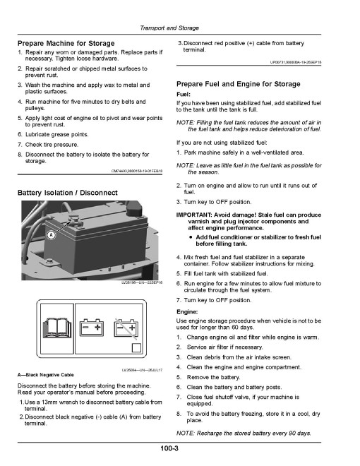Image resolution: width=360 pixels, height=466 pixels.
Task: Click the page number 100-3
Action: (x=169, y=448)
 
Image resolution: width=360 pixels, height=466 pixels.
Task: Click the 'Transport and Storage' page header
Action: (x=169, y=28)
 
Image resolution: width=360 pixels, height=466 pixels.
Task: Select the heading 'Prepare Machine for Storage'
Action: (x=66, y=43)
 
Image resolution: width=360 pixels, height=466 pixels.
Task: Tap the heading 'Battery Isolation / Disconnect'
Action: (x=68, y=193)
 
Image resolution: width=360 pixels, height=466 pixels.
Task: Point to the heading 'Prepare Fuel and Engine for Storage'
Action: (x=238, y=84)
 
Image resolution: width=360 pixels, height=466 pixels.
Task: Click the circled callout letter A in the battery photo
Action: (x=52, y=235)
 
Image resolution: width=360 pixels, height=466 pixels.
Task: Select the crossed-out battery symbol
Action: (x=126, y=328)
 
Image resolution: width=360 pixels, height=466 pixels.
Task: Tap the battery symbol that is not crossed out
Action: (x=92, y=328)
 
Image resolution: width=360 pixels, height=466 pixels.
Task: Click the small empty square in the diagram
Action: (x=136, y=347)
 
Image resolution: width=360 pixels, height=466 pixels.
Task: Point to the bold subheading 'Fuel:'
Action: (x=184, y=95)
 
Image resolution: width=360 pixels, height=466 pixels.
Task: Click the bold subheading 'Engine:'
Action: (x=187, y=312)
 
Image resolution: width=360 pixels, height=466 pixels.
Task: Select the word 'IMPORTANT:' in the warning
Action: (x=193, y=215)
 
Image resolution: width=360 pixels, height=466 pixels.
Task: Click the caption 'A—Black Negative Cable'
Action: (x=45, y=375)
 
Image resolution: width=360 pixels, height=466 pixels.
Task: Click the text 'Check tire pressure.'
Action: (x=52, y=145)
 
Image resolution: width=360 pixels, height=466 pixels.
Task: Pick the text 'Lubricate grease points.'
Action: (x=56, y=135)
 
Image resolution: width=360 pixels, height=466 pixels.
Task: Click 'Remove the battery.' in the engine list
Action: (x=213, y=378)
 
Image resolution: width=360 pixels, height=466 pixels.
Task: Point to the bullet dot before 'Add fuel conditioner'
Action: (x=191, y=237)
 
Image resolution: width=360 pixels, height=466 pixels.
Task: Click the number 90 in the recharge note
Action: (x=292, y=434)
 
